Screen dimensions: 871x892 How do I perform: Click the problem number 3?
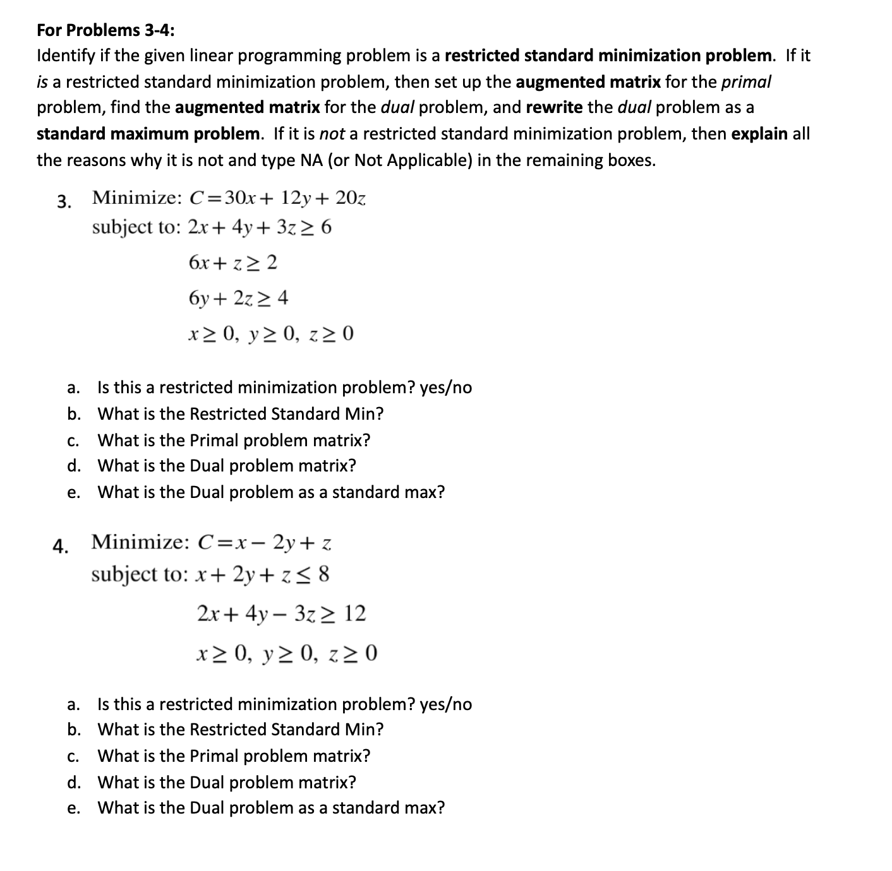click(x=64, y=201)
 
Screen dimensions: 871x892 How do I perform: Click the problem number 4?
click(x=61, y=547)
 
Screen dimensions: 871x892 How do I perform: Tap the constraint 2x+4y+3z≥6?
click(x=259, y=227)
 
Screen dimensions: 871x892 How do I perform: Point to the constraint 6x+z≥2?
click(x=232, y=262)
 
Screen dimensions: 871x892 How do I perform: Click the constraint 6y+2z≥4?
click(x=238, y=297)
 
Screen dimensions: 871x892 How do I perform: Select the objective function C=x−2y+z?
click(x=265, y=542)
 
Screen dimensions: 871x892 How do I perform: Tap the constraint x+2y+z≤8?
click(x=263, y=574)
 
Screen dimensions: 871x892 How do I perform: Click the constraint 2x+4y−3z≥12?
click(x=281, y=613)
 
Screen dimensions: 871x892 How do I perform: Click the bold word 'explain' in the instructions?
click(x=759, y=134)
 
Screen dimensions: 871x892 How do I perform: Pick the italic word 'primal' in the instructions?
click(x=746, y=81)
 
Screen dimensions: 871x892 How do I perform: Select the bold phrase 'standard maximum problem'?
click(x=148, y=134)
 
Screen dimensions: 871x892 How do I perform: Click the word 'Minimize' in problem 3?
click(x=136, y=198)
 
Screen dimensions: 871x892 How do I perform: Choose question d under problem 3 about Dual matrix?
click(x=226, y=466)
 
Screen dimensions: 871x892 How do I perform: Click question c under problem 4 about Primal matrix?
click(x=233, y=755)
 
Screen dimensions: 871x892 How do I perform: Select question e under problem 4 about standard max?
click(x=270, y=808)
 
